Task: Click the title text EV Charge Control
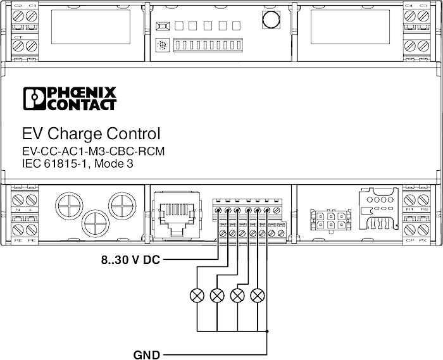click(x=91, y=134)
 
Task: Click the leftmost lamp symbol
click(x=197, y=295)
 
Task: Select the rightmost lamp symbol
click(x=257, y=295)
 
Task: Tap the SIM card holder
click(x=380, y=209)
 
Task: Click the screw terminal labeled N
click(x=16, y=201)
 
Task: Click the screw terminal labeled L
click(x=30, y=201)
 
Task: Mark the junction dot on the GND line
click(x=267, y=331)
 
